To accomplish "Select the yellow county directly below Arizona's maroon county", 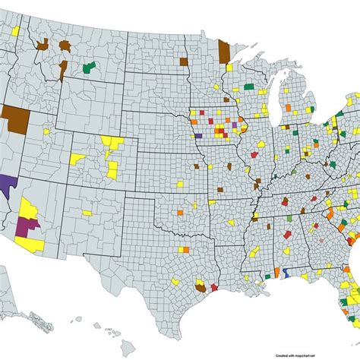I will click(x=34, y=243).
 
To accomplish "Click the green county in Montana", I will click(x=89, y=68).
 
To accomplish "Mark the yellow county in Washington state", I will click(x=15, y=27).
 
